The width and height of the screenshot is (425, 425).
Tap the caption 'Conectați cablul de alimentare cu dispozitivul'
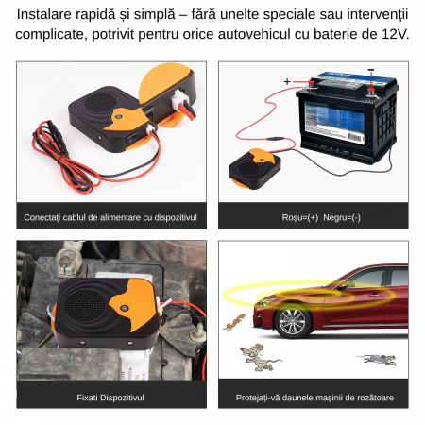click(x=110, y=217)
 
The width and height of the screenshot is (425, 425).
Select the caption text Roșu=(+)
click(x=300, y=217)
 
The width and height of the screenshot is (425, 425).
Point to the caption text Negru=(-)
click(x=342, y=217)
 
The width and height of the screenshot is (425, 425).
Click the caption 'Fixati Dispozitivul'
click(x=110, y=398)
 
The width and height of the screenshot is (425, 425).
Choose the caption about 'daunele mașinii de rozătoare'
click(x=314, y=398)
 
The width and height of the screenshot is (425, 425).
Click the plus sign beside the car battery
click(x=287, y=81)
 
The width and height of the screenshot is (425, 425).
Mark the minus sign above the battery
click(x=371, y=70)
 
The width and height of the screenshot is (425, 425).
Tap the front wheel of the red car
click(x=292, y=321)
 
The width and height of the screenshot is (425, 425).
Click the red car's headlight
click(x=266, y=302)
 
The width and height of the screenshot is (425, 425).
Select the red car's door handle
click(x=375, y=295)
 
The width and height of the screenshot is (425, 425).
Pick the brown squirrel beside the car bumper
click(x=234, y=322)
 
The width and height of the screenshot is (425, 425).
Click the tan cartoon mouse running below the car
click(x=259, y=357)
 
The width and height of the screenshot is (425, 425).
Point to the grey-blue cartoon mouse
click(x=378, y=359)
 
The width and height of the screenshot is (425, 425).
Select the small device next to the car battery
click(x=255, y=169)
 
